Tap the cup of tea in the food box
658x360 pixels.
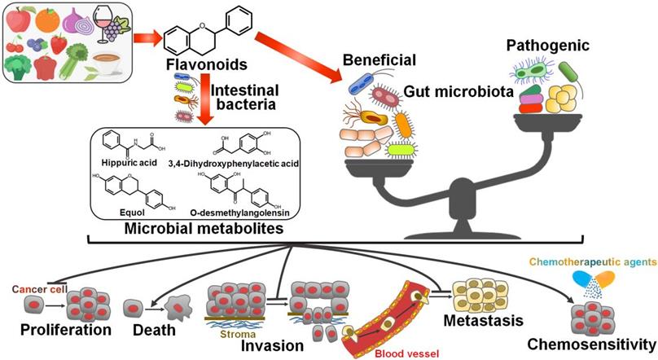[109, 62]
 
